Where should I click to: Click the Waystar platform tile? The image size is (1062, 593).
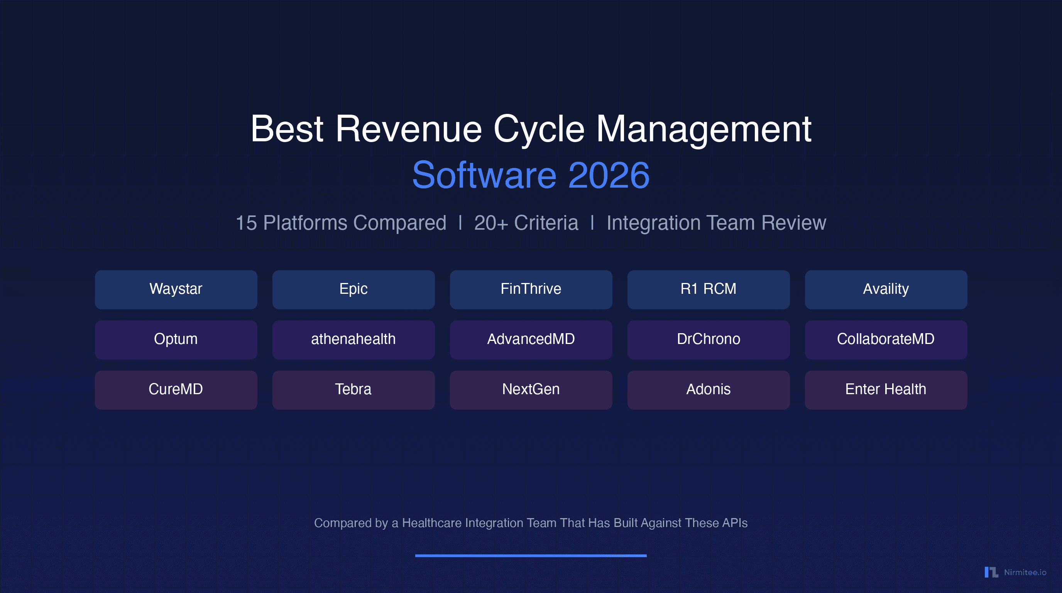click(176, 290)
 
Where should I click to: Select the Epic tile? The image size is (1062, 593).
click(353, 290)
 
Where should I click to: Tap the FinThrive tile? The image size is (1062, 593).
click(531, 290)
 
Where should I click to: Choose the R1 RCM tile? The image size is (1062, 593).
click(708, 290)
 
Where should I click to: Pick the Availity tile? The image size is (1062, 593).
click(886, 290)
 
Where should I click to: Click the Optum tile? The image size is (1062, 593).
click(176, 340)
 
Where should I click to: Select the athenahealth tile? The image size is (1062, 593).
click(353, 340)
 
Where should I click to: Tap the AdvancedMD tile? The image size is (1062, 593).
click(531, 340)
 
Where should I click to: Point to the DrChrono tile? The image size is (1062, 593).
click(708, 340)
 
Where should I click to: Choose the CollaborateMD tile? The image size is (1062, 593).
click(886, 340)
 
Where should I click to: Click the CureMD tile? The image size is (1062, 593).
click(176, 390)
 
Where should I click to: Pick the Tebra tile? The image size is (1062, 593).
click(353, 390)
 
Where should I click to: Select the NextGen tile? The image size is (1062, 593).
click(531, 390)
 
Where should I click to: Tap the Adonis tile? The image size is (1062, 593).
click(708, 390)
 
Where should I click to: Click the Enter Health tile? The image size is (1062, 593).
click(886, 390)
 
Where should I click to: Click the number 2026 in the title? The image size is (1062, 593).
click(609, 176)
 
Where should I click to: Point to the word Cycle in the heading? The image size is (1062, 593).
click(538, 129)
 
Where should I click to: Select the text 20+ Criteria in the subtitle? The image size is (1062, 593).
click(526, 223)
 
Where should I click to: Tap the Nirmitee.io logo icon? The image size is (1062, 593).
click(991, 573)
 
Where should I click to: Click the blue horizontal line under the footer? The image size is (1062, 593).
click(531, 556)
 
